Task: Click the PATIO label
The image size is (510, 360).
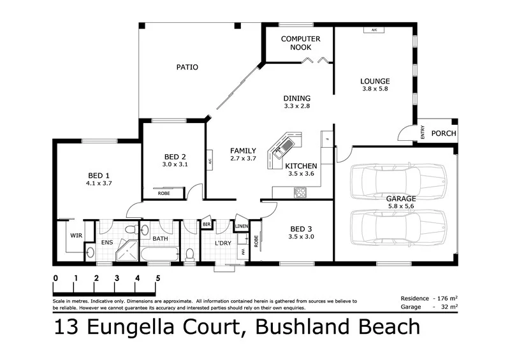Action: [187, 67]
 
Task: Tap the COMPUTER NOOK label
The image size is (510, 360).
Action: [300, 43]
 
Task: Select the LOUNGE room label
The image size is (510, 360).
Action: [374, 81]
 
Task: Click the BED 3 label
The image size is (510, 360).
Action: [302, 229]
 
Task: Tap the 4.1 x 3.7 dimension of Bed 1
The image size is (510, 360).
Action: [99, 184]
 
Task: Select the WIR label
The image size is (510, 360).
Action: [75, 235]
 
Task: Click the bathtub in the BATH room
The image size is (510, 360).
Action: [159, 255]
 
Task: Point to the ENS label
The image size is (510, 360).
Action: [106, 243]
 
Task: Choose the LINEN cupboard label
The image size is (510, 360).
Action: [241, 226]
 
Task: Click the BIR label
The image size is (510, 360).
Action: [207, 225]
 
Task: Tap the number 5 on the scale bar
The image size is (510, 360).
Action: [157, 278]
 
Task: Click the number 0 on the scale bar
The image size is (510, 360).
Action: [56, 278]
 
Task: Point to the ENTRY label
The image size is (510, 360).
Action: [422, 133]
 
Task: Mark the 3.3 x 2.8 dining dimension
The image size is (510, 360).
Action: [296, 106]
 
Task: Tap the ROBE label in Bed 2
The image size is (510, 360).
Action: [164, 193]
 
